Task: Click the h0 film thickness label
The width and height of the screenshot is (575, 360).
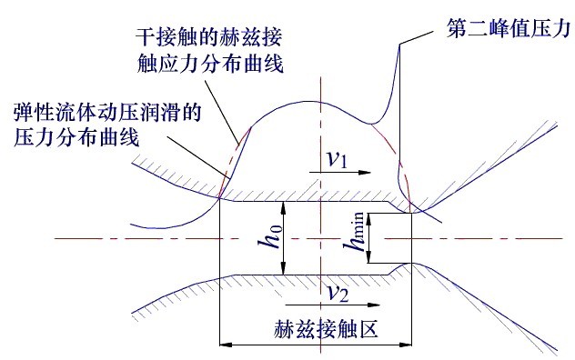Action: click(267, 235)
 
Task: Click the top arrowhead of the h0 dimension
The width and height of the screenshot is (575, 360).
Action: click(285, 206)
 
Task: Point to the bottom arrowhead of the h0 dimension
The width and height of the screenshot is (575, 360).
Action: click(285, 269)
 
